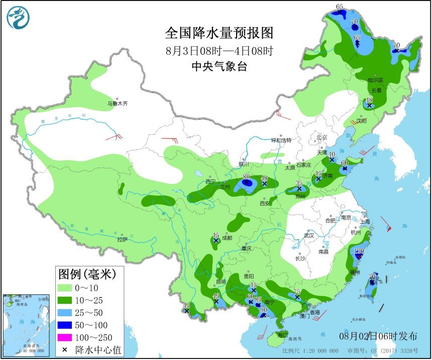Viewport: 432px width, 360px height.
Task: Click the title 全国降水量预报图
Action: point(220,33)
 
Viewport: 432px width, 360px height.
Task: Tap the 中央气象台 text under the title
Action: point(220,66)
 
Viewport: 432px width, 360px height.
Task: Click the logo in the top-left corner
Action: point(18,18)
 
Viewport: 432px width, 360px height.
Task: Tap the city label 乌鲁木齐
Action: point(117,104)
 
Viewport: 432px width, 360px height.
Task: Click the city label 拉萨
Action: point(123,239)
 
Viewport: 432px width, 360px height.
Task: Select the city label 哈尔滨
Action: point(375,80)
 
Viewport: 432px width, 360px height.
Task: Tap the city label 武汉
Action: point(308,235)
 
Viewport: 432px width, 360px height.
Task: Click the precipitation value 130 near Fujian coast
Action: point(359,251)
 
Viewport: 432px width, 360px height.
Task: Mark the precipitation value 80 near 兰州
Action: point(246,176)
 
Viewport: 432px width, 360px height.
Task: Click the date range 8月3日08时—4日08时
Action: point(220,51)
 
